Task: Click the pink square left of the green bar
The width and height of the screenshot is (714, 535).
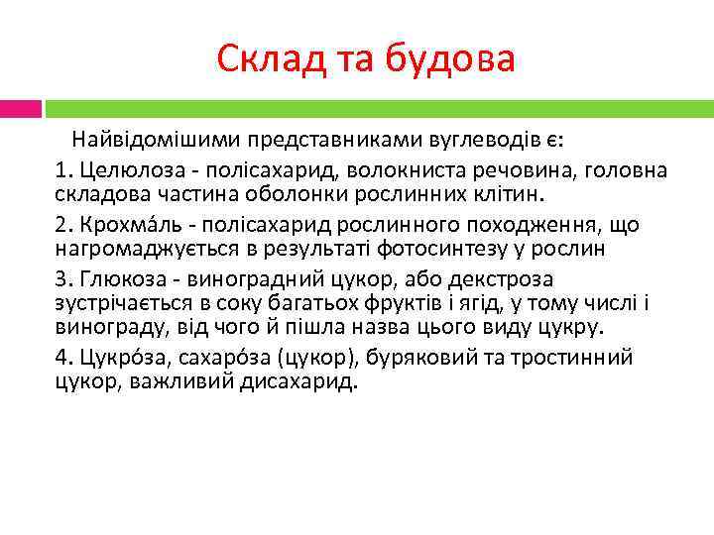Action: point(21,108)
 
